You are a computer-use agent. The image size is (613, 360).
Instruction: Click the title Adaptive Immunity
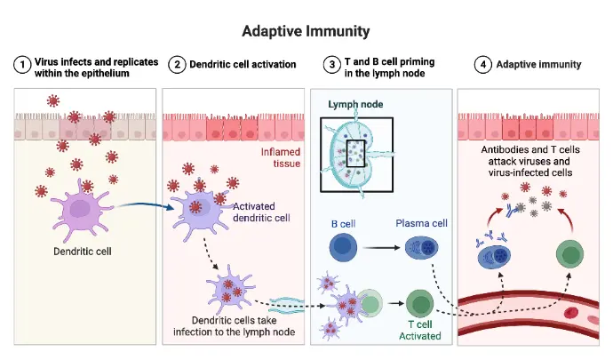(x=306, y=31)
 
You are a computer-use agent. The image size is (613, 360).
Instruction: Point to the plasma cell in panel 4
(x=497, y=257)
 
